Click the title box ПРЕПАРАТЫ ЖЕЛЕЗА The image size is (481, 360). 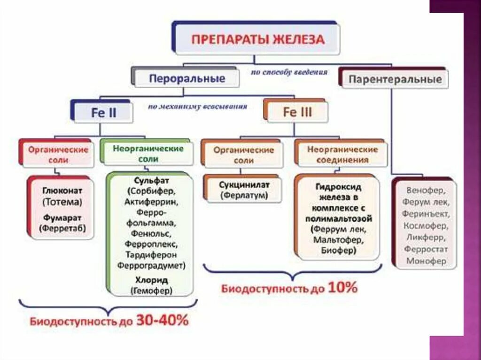pos(257,39)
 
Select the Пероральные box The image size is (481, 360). pos(187,78)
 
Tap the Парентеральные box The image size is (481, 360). pos(395,79)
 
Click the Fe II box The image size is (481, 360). pos(103,113)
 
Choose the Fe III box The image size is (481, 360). pos(297,113)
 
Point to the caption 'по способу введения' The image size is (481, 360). pos(289,72)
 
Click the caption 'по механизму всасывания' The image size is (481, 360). pos(197,107)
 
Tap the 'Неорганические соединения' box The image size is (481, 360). pos(342,154)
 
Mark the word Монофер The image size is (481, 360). pos(426,261)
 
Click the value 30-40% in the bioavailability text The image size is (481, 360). pos(162,321)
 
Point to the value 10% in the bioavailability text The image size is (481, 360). pos(342,287)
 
